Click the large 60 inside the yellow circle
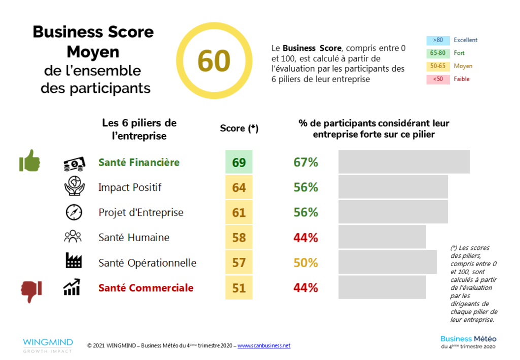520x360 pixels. (214, 61)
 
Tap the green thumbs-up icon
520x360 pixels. (30, 161)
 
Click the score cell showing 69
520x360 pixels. (239, 162)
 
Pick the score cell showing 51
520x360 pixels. (239, 288)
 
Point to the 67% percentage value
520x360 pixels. (306, 162)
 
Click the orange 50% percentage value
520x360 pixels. (306, 263)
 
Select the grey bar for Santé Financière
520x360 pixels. (404, 162)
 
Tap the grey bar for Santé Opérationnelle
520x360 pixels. (387, 262)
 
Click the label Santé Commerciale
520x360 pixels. (146, 288)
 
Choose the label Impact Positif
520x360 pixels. (130, 187)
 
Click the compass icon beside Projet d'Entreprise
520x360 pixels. (74, 212)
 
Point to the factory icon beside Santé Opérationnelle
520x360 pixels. (74, 262)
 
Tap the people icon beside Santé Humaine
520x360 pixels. (73, 237)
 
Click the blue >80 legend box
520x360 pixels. (438, 40)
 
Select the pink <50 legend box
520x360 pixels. (438, 79)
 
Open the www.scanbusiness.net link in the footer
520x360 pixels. (264, 346)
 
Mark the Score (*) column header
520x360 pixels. (239, 128)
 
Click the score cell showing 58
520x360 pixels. (239, 238)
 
